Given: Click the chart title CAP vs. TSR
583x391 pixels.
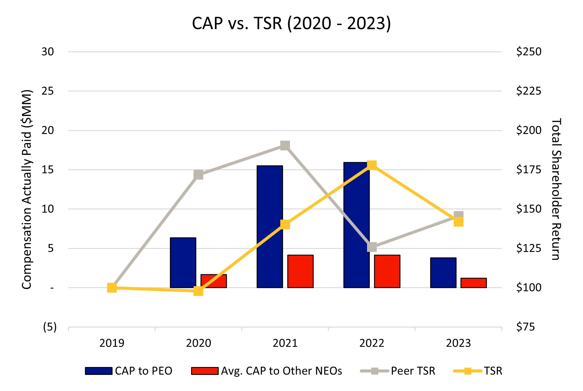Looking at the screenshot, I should [291, 23].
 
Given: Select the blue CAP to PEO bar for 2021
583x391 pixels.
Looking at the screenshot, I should [270, 226].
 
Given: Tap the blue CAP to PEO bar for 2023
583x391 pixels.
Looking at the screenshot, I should [443, 273].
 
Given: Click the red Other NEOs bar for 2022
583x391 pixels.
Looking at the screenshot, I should [387, 271].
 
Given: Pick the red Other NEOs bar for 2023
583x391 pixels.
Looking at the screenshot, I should [473, 283].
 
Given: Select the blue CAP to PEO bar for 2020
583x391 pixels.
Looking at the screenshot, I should [183, 262].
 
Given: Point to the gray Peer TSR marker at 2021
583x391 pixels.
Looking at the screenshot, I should [285, 146].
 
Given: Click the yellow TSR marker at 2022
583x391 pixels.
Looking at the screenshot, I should [372, 165].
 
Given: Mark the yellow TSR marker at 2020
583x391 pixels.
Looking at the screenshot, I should [198, 291].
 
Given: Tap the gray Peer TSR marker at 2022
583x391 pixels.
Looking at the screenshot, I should [372, 247].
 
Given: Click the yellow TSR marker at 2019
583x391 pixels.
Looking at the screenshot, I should [112, 287].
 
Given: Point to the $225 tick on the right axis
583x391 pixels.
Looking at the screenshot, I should [528, 91].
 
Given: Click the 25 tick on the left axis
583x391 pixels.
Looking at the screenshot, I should [48, 91].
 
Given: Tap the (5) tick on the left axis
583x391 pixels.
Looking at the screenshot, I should [50, 327].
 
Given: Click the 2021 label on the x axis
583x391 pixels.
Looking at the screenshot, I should [285, 343].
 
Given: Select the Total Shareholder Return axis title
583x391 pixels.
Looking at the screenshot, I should [556, 189].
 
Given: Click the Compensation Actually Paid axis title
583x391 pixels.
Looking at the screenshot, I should [27, 189].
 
